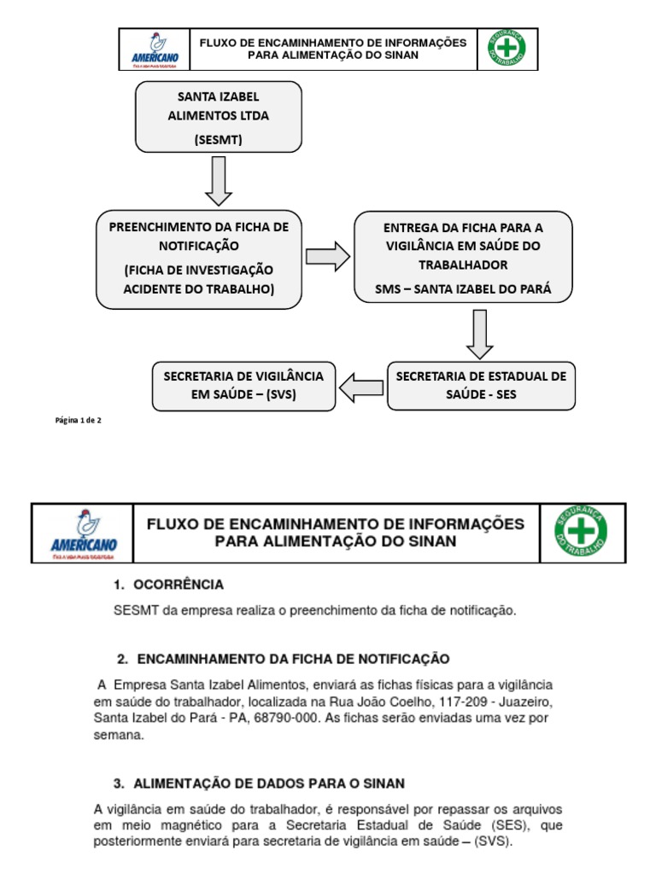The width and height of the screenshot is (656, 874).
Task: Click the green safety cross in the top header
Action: click(x=507, y=50)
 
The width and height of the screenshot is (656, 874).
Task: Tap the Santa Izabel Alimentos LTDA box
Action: click(x=218, y=116)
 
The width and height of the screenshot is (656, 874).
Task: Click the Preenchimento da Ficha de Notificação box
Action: click(x=199, y=259)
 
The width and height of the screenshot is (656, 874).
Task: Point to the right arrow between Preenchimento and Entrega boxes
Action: click(x=327, y=256)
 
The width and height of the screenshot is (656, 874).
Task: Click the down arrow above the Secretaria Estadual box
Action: click(x=480, y=334)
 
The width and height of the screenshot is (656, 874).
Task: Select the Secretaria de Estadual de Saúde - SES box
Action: click(x=480, y=386)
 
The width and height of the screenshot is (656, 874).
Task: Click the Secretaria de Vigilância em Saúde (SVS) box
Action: click(x=243, y=386)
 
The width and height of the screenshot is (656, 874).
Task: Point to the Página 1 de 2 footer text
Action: click(x=79, y=420)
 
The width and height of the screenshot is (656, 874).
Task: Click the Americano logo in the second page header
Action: click(x=83, y=534)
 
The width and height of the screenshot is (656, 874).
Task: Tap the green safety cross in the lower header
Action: click(x=583, y=533)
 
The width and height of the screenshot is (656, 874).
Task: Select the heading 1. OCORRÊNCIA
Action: click(x=169, y=586)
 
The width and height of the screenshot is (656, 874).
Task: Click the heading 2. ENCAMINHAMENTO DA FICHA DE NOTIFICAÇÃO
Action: click(x=283, y=659)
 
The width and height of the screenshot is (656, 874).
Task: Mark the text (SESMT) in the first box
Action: click(x=218, y=139)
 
